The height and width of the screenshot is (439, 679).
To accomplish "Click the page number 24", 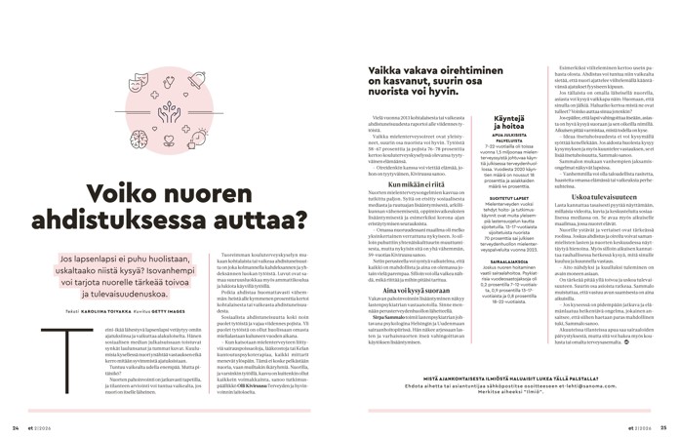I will click(x=16, y=425).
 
